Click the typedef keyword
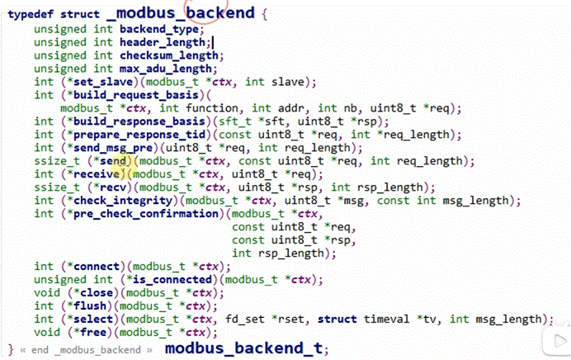tap(30, 14)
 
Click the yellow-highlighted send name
tap(116, 161)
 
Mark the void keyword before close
tap(46, 293)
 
